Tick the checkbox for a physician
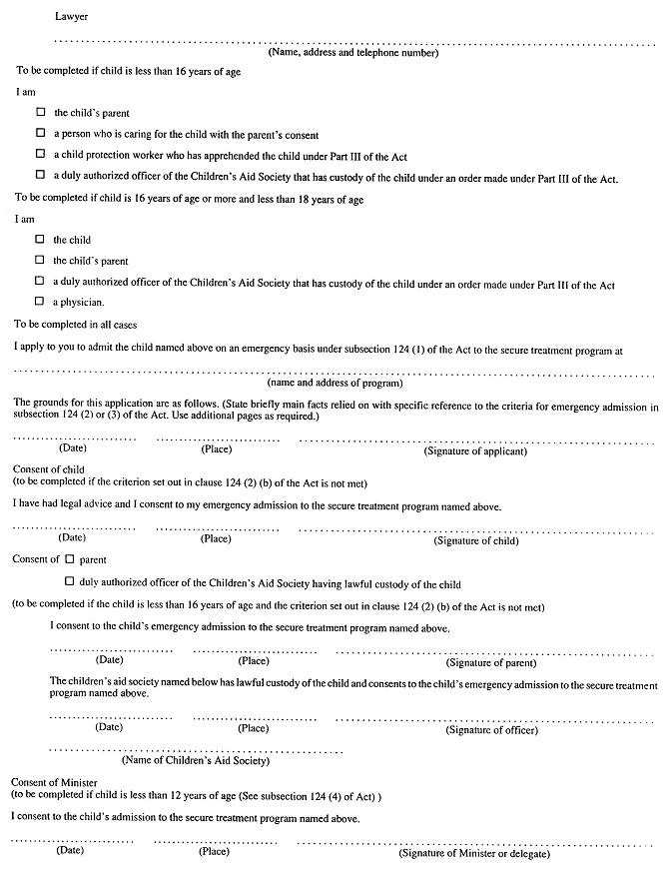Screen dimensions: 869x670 point(40,301)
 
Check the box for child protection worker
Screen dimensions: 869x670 point(41,155)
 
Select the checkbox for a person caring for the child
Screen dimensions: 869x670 point(41,133)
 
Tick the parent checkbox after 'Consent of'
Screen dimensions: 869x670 point(70,559)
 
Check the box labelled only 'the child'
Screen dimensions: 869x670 point(40,240)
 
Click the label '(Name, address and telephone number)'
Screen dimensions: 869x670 point(352,53)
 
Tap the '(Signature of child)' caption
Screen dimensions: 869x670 point(475,540)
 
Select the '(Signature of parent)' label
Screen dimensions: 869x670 point(491,662)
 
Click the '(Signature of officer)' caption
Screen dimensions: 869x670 point(491,729)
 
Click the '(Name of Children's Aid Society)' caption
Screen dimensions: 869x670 point(196,761)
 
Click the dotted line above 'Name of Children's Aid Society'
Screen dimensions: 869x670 point(196,749)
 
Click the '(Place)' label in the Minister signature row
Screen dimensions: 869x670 point(214,851)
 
